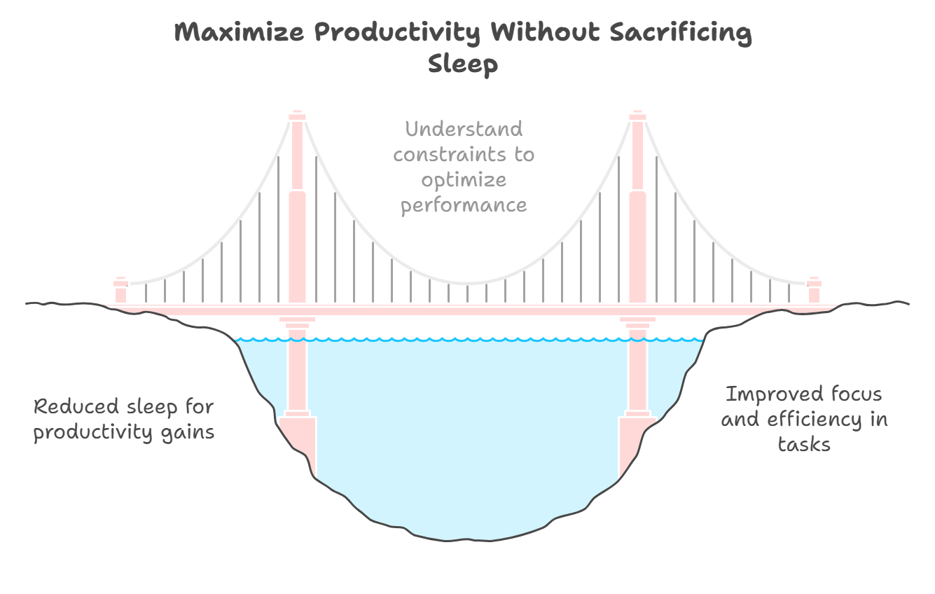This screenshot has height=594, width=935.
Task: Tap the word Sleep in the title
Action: pyautogui.click(x=462, y=64)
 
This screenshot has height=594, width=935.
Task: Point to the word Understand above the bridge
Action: pyautogui.click(x=464, y=130)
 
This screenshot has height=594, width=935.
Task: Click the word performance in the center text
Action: pyautogui.click(x=464, y=206)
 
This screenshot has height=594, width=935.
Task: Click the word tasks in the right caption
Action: pyautogui.click(x=804, y=444)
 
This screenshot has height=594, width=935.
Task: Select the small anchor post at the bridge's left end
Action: pyautogui.click(x=120, y=289)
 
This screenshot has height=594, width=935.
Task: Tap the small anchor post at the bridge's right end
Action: pyautogui.click(x=813, y=289)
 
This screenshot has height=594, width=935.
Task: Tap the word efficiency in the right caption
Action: pyautogui.click(x=814, y=420)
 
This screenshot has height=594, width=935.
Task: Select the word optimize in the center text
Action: pyautogui.click(x=464, y=180)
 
